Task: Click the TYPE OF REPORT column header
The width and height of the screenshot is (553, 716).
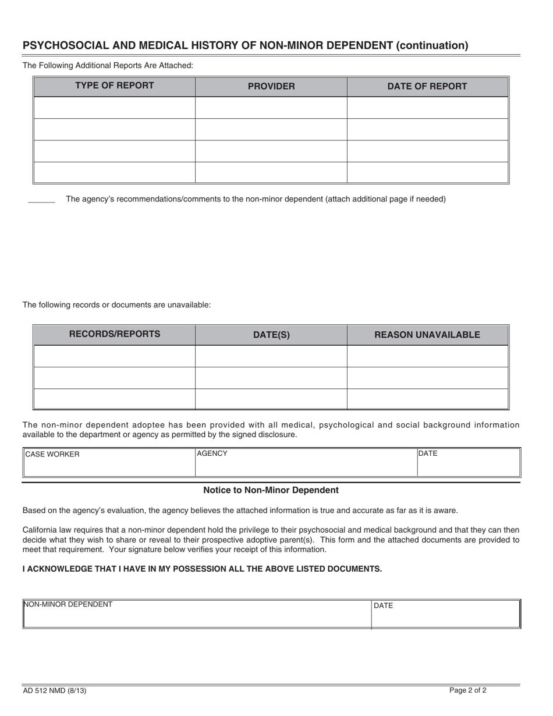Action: click(x=114, y=86)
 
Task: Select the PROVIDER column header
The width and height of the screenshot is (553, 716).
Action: click(x=271, y=87)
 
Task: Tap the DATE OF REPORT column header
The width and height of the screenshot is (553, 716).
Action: click(x=427, y=87)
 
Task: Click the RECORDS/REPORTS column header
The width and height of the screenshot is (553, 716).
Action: click(x=114, y=334)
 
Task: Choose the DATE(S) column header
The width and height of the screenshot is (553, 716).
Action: click(x=271, y=335)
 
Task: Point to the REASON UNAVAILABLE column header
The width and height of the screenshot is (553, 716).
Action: click(x=427, y=335)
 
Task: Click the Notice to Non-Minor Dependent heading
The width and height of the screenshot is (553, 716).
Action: click(x=271, y=490)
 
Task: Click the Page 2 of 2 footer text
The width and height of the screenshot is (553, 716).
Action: click(x=467, y=690)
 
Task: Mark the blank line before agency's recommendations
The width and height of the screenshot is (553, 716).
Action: click(x=41, y=201)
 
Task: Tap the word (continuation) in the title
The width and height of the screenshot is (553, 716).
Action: click(x=432, y=45)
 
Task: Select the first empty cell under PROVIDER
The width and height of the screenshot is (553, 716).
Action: click(x=271, y=108)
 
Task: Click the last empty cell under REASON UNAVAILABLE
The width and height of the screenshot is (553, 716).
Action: click(x=427, y=399)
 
